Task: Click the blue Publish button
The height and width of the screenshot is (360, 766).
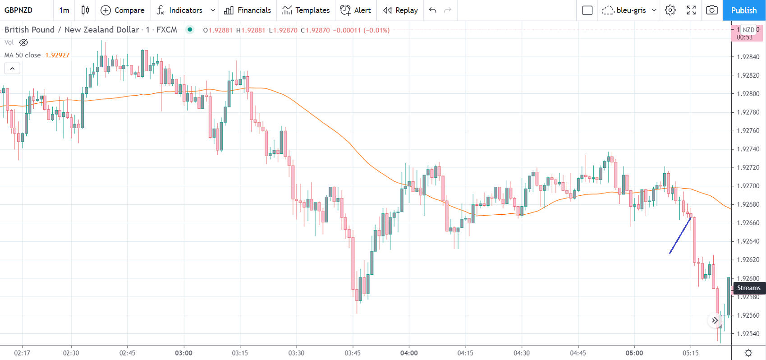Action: point(743,10)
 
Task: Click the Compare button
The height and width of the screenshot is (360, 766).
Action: point(123,10)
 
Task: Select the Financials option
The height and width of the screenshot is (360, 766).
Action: point(248,10)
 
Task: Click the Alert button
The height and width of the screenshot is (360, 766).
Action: point(356,10)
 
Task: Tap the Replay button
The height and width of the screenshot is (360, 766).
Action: point(400,10)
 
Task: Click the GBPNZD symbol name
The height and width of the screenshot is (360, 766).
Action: point(18,10)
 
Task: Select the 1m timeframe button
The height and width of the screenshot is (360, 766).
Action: point(64,10)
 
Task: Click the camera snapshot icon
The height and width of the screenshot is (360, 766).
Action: point(712,10)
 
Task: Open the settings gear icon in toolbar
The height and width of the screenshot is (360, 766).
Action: point(670,10)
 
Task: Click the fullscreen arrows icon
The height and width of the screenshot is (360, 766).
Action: point(691,10)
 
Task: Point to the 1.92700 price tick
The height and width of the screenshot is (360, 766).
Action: point(748,186)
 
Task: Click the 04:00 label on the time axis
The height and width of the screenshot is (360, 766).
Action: point(409,353)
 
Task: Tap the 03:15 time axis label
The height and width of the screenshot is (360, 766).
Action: point(240,353)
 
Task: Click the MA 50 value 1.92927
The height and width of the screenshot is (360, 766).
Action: point(57,55)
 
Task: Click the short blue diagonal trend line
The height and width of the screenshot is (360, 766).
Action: point(680,235)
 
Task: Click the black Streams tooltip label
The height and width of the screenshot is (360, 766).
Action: point(749,288)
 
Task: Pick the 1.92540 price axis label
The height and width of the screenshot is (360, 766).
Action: point(748,334)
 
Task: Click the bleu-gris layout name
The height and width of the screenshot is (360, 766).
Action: point(631,10)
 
